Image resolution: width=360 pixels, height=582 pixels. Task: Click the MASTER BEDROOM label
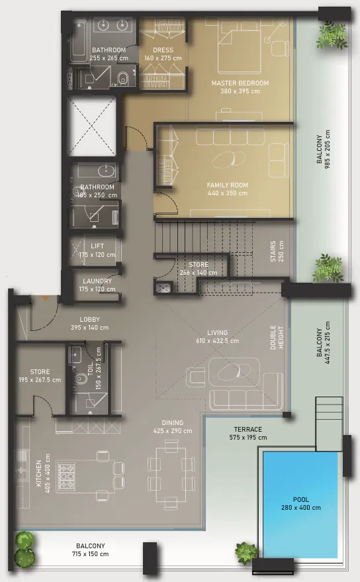click(240, 83)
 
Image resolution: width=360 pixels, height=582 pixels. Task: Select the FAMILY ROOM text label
click(228, 185)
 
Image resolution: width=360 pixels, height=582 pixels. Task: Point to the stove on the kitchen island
click(66, 477)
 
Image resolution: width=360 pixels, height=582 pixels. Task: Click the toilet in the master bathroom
click(122, 79)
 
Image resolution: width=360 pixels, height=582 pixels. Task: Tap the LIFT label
click(97, 246)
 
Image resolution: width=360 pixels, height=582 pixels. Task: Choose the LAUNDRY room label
click(97, 281)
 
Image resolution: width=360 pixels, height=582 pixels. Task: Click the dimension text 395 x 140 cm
click(90, 327)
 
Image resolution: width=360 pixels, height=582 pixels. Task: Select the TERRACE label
click(248, 429)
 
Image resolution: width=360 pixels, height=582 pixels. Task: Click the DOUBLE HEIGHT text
click(277, 338)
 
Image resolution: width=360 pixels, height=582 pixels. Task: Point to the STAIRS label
click(273, 252)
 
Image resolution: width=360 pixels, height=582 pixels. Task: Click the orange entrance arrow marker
click(45, 298)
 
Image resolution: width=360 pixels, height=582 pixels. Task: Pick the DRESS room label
click(163, 50)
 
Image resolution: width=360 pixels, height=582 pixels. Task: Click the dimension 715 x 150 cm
click(91, 554)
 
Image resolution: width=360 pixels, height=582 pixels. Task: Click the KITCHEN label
click(38, 473)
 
